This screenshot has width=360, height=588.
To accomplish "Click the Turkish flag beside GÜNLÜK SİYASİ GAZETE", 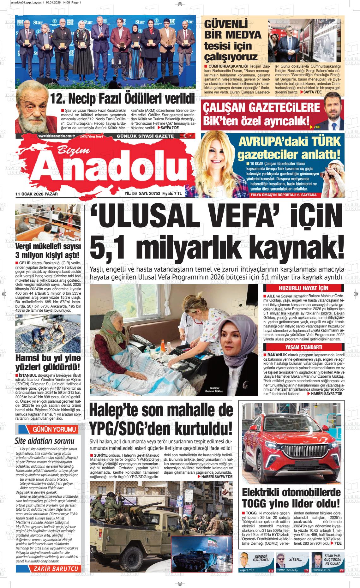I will point(181,136).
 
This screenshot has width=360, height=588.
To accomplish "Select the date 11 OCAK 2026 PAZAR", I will point(37,194).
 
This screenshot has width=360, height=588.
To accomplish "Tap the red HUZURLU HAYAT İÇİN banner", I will point(303,288).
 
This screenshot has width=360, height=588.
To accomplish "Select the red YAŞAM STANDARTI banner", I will point(303,347).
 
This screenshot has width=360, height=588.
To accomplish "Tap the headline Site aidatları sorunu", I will point(45,441).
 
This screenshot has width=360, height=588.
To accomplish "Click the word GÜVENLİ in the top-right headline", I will point(225,24).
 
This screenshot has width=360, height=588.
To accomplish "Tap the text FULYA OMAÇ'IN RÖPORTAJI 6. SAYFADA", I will point(283,195).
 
